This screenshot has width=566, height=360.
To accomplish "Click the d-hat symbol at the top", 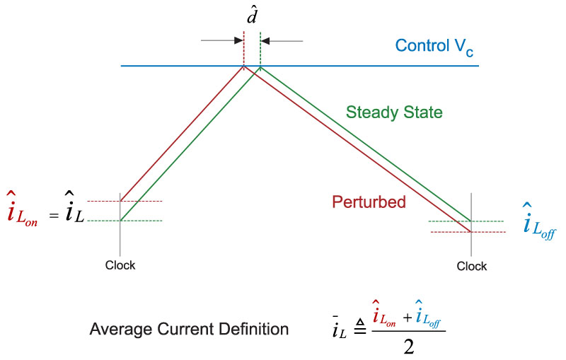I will coord(252,15).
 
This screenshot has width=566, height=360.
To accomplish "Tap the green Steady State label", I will coord(394,112).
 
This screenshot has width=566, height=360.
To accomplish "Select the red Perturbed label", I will coord(369,202).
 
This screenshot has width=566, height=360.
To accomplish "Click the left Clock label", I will coord(120,265).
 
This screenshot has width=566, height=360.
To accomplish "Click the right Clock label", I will coord(472,267).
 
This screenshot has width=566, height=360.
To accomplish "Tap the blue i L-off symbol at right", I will coord(536,221).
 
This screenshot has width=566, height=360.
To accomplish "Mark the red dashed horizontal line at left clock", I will coord(141,202).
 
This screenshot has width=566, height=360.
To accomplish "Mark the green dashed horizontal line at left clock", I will coord(141,221).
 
